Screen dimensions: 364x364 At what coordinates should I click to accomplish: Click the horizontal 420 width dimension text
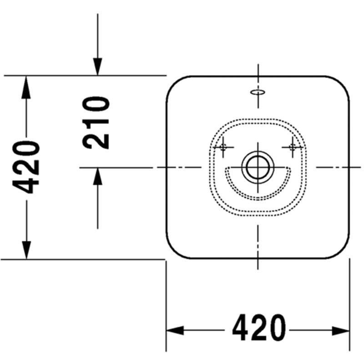(259, 328)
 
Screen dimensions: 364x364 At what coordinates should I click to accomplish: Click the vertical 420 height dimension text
(26, 167)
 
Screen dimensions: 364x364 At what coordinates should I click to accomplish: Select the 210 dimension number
(96, 122)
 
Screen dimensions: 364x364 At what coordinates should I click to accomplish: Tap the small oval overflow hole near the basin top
(258, 92)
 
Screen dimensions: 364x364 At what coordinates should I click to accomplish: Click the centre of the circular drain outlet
(258, 167)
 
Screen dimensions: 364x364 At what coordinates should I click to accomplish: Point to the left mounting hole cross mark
(223, 147)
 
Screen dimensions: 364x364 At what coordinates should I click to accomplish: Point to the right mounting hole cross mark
(292, 147)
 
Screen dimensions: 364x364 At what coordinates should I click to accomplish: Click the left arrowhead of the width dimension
(175, 330)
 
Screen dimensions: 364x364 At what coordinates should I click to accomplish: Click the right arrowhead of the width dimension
(341, 330)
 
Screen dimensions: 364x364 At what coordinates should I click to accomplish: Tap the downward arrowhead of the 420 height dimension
(26, 250)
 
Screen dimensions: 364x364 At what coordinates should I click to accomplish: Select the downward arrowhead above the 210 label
(97, 66)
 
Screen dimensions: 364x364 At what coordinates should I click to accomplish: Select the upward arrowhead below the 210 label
(97, 176)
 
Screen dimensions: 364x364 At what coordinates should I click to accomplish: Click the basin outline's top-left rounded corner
(173, 83)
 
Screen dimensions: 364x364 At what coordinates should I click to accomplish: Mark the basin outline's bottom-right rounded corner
(342, 251)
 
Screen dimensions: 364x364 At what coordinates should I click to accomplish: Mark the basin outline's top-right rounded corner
(342, 83)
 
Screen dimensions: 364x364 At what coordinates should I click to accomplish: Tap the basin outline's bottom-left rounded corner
(173, 251)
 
